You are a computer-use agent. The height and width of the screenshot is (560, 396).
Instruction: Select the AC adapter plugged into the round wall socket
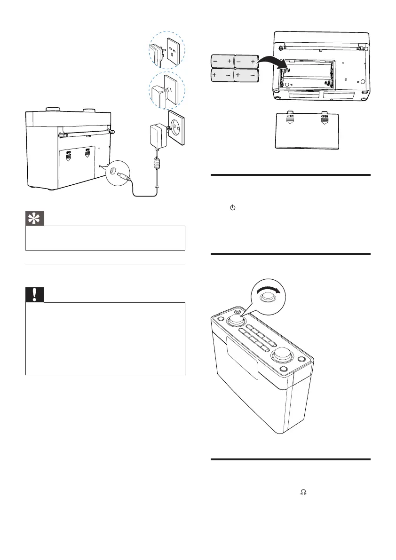(x=156, y=135)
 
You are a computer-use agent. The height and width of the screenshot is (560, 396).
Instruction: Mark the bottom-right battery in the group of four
(x=246, y=75)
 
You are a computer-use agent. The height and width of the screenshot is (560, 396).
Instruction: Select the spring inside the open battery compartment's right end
(x=332, y=75)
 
